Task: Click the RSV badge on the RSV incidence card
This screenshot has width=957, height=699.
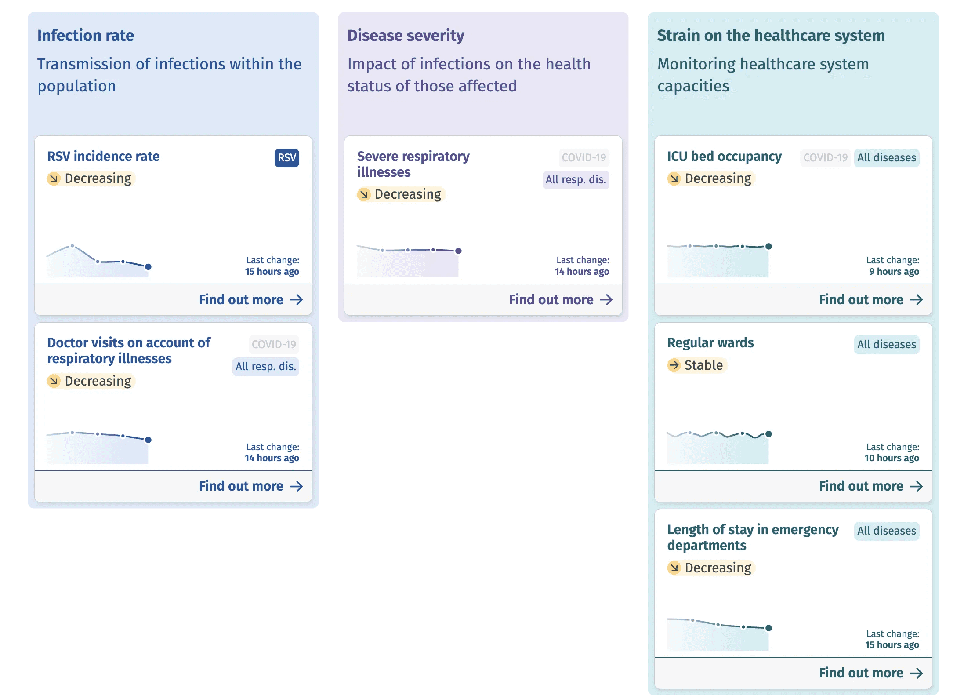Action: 286,158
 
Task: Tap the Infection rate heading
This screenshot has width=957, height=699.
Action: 86,36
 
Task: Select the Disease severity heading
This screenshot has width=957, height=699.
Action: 406,36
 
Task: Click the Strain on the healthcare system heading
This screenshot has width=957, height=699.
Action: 771,36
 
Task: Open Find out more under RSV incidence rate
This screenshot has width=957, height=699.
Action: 250,300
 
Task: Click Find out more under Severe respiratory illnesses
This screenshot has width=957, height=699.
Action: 560,300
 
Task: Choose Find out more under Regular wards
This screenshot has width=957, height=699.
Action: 870,486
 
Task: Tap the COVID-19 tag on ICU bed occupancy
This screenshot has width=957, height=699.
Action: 825,158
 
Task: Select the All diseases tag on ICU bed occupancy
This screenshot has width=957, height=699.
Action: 886,158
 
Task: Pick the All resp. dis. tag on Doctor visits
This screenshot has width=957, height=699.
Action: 265,367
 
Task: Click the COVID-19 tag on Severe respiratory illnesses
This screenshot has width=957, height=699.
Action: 584,158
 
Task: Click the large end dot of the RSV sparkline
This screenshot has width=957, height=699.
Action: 149,267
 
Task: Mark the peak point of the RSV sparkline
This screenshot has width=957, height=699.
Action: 72,246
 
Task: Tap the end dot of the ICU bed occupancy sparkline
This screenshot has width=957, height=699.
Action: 768,246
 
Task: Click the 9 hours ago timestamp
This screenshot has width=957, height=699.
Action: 894,272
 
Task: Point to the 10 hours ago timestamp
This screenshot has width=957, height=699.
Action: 892,458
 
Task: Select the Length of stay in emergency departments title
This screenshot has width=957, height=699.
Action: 752,537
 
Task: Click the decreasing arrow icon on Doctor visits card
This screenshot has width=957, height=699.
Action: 54,381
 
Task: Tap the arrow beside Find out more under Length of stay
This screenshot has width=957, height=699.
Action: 916,673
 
